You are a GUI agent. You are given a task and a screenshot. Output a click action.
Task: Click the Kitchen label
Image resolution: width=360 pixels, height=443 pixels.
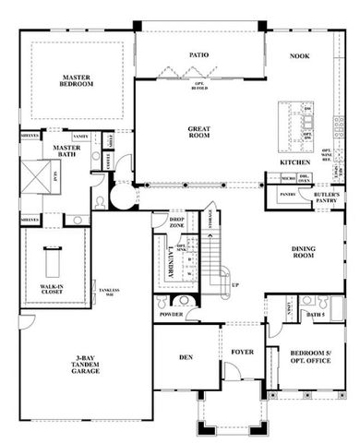click(x=294, y=162)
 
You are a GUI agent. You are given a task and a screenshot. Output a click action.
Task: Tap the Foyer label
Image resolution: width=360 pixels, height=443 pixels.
click(x=242, y=352)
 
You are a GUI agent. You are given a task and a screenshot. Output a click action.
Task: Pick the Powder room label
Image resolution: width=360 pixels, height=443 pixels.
click(x=172, y=313)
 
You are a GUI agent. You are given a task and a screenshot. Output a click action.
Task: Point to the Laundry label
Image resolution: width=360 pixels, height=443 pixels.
click(x=172, y=260)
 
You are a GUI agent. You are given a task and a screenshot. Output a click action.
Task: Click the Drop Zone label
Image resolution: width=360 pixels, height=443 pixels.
click(x=177, y=223)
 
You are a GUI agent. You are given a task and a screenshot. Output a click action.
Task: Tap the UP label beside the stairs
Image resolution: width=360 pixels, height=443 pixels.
click(x=234, y=285)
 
